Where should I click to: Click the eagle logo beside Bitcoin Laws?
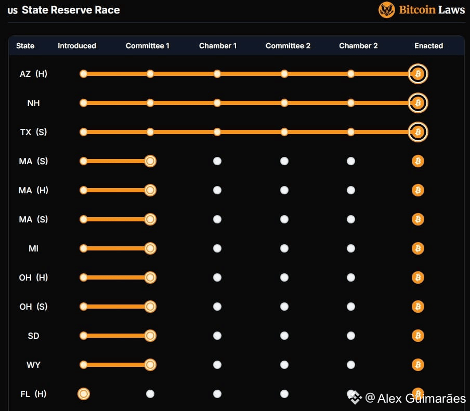pos(387,10)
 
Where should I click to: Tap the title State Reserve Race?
pos(71,10)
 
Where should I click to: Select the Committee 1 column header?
pos(148,46)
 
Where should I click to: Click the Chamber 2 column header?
pos(358,46)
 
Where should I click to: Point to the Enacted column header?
pos(429,46)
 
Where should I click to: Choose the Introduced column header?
pos(77,46)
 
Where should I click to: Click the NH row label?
pos(33,103)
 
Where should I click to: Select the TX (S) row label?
pos(33,132)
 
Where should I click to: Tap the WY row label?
pos(33,365)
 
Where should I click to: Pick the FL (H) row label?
pos(33,394)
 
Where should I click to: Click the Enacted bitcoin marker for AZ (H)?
pos(418,74)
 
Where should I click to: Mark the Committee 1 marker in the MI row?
pos(150,248)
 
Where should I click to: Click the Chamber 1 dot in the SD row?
pos(217,336)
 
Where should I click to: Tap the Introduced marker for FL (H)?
pos(83,394)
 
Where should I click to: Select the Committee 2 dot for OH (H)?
pos(284,277)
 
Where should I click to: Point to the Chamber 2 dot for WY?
pos(351,365)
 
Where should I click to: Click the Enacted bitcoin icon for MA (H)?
pos(418,190)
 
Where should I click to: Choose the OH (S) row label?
pos(33,307)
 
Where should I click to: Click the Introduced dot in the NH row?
pos(83,103)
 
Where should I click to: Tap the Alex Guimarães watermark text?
pos(421,399)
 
